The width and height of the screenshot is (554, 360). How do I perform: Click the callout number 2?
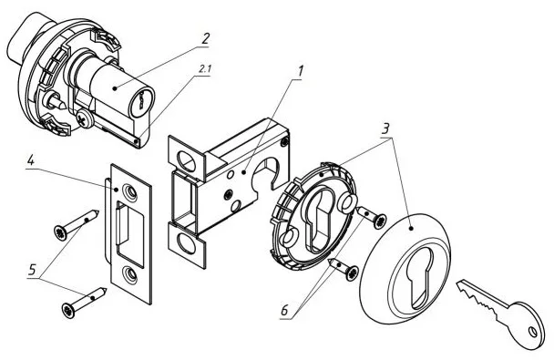(x=205, y=38)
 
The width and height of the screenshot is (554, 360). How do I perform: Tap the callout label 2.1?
(x=205, y=69)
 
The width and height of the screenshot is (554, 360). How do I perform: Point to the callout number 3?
(x=385, y=129)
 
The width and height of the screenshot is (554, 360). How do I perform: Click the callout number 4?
(x=31, y=161)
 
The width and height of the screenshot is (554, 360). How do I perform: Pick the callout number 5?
(x=32, y=271)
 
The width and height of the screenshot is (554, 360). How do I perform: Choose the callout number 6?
(x=284, y=312)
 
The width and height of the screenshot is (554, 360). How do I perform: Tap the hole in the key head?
(x=532, y=332)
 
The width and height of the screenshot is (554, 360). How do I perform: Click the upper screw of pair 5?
(x=76, y=225)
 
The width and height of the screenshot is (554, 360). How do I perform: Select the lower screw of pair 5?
(x=84, y=303)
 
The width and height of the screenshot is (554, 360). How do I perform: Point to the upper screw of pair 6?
(x=372, y=217)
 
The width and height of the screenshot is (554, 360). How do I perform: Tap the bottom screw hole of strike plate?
(x=131, y=275)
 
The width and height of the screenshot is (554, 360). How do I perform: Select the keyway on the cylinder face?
(x=140, y=100)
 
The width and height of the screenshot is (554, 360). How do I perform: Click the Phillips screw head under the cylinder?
(x=84, y=118)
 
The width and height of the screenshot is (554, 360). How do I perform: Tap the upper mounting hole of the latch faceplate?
(x=186, y=159)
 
